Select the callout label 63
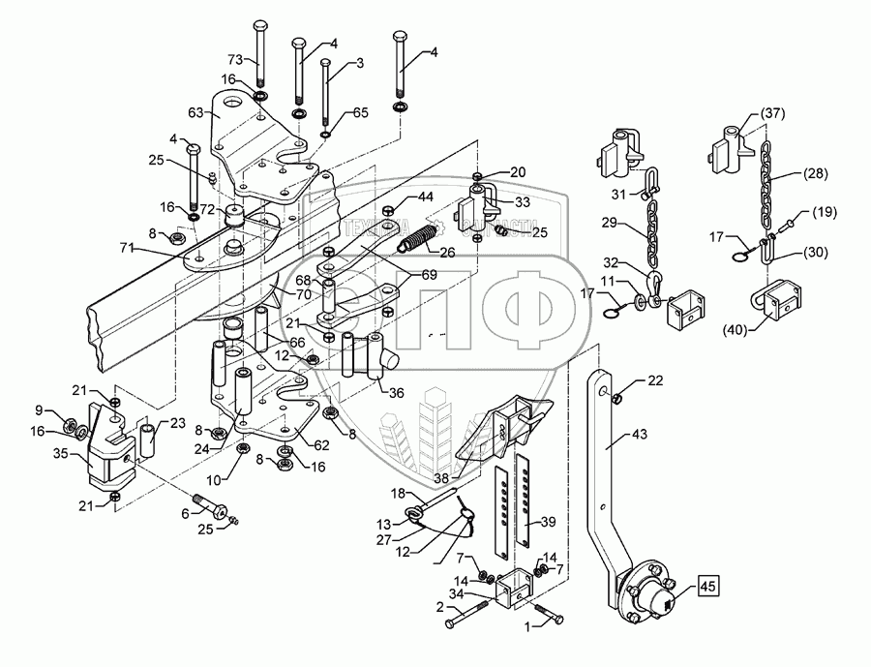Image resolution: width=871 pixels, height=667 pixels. pyautogui.click(x=195, y=114)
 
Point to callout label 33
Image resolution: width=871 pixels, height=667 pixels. pyautogui.click(x=523, y=202)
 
